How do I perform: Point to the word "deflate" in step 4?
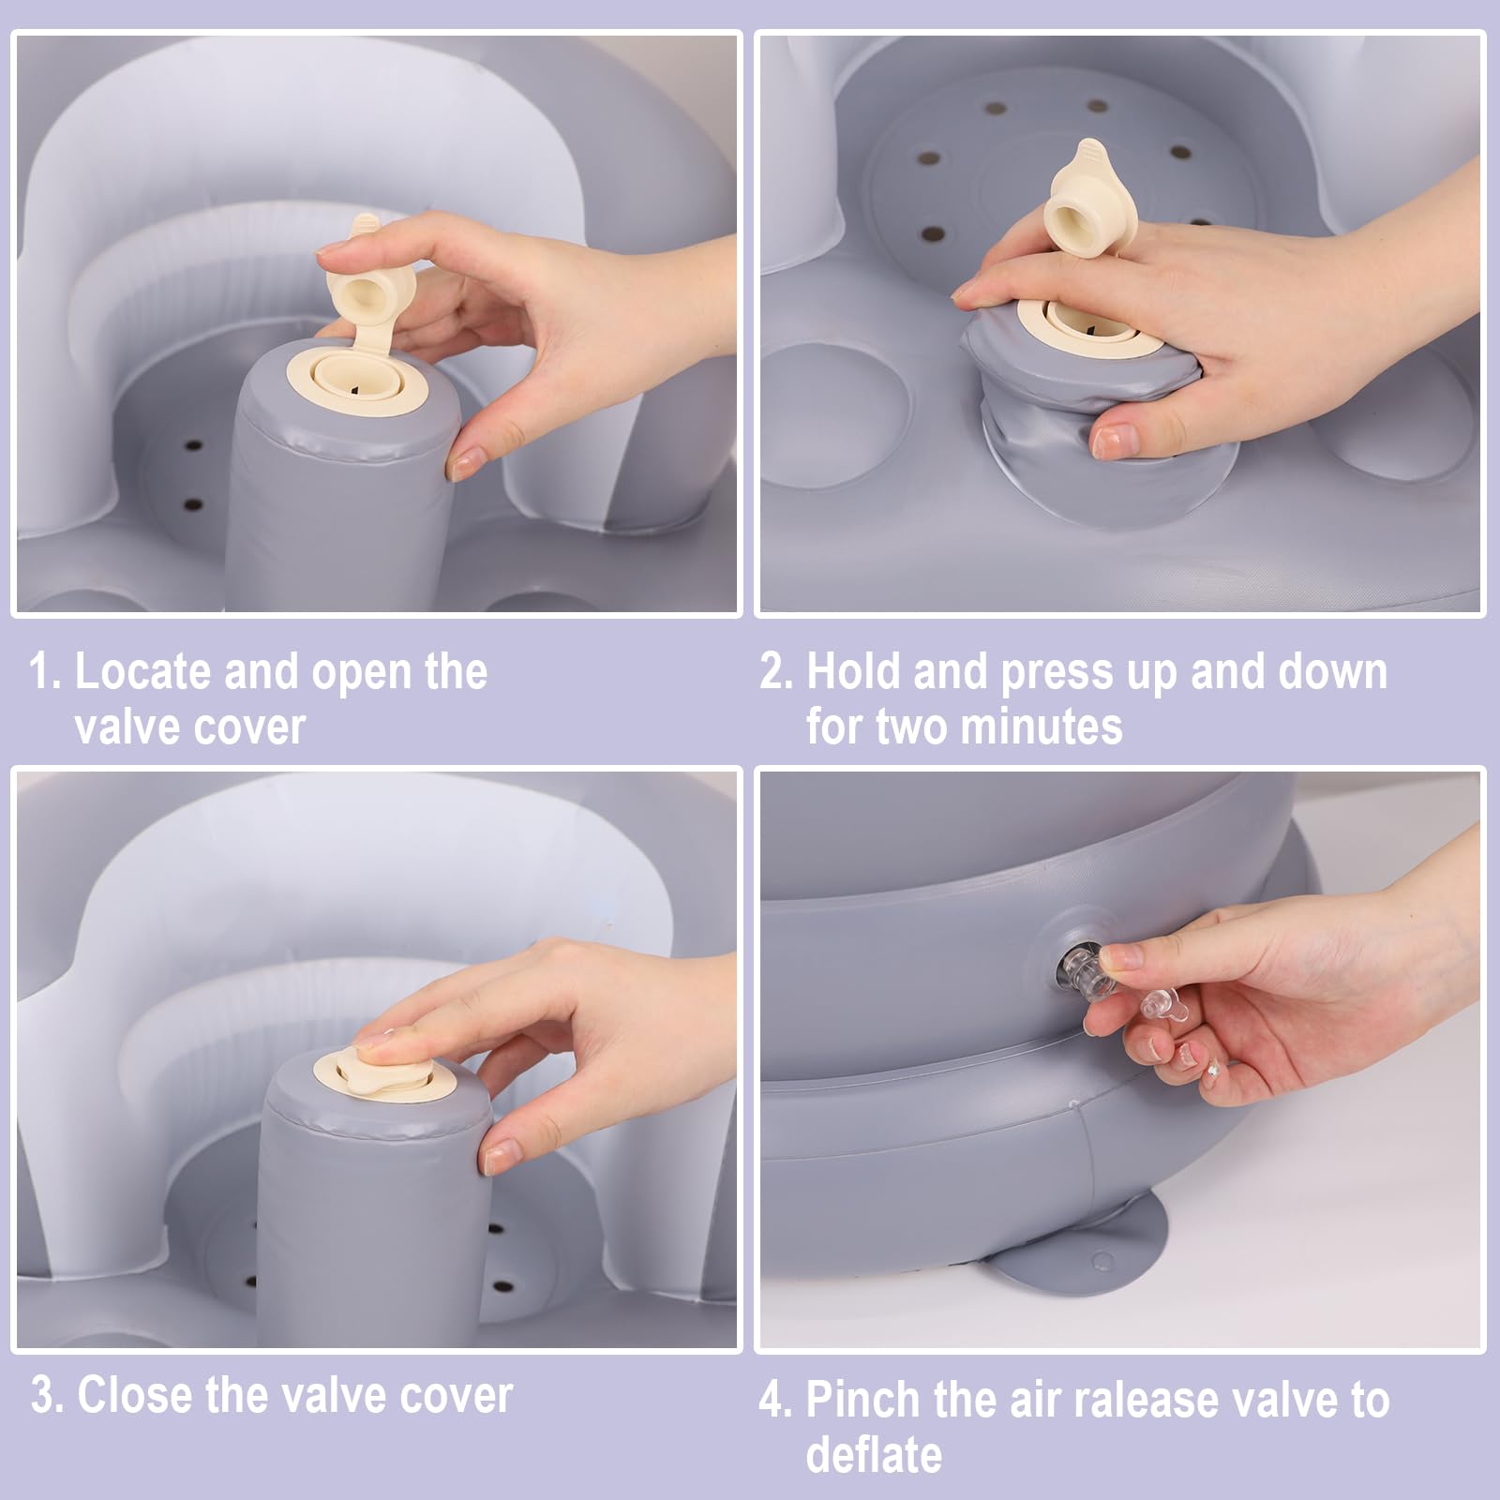click(x=874, y=1454)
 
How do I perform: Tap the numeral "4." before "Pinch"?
click(x=777, y=1400)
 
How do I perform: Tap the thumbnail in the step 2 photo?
click(x=1114, y=441)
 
